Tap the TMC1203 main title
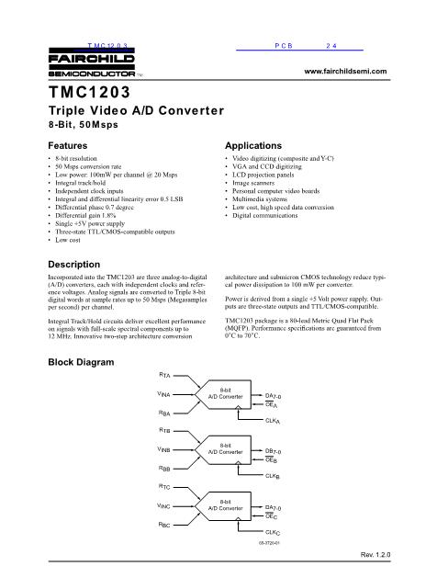coord(91,94)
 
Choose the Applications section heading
coord(256,145)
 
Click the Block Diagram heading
coord(82,363)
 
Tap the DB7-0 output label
coord(273,451)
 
